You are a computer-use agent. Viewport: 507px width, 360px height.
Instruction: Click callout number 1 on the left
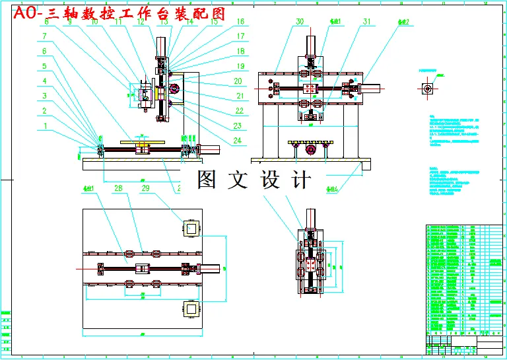[x=44, y=126]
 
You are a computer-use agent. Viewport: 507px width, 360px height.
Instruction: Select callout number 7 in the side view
[x=44, y=36]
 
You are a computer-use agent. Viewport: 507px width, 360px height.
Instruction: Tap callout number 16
[x=240, y=22]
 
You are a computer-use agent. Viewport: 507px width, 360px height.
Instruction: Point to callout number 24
[x=237, y=140]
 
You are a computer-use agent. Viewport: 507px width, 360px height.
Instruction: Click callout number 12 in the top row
[x=141, y=22]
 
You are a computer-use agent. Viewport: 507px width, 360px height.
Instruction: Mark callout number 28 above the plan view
[x=119, y=188]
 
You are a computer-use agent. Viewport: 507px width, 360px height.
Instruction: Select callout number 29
[x=147, y=188]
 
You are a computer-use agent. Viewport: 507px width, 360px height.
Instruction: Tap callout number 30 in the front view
[x=300, y=22]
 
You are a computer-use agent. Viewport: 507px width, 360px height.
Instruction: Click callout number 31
[x=366, y=22]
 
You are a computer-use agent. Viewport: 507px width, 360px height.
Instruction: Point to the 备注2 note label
[x=403, y=22]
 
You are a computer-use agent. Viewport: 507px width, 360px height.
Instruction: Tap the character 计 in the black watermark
[x=298, y=180]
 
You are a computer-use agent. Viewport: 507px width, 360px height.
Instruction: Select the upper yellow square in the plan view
[x=191, y=229]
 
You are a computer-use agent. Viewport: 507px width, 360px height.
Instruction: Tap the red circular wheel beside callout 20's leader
[x=174, y=89]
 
